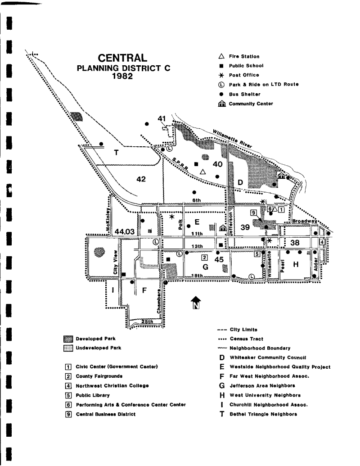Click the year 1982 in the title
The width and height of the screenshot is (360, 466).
coord(123,77)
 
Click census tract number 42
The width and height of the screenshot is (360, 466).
coord(141,179)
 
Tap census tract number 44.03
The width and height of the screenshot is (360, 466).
coord(125,231)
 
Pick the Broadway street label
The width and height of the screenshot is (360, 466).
coord(304,222)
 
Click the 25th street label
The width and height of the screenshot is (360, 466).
coord(147,321)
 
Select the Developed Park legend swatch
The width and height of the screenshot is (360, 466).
coord(68,339)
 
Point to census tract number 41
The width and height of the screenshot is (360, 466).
coord(162,118)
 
